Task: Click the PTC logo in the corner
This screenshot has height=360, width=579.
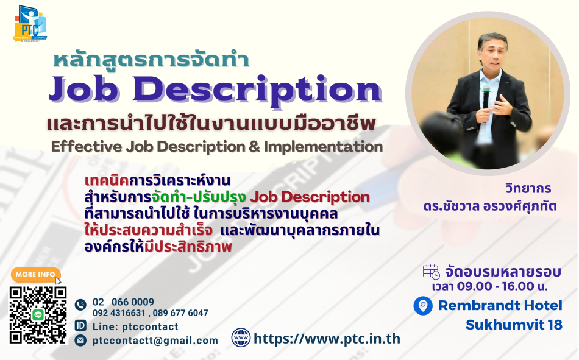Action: pyautogui.click(x=30, y=24)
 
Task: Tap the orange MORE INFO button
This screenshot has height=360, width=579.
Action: pyautogui.click(x=35, y=274)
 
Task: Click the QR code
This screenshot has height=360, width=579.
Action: pyautogui.click(x=38, y=315)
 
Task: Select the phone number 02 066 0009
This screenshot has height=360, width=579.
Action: pyautogui.click(x=123, y=302)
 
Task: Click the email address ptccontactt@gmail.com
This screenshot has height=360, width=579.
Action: pyautogui.click(x=155, y=341)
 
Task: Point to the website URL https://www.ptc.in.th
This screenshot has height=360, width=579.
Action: pyautogui.click(x=327, y=339)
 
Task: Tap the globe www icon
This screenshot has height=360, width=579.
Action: pyautogui.click(x=241, y=337)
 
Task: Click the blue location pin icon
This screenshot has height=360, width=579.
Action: pyautogui.click(x=423, y=306)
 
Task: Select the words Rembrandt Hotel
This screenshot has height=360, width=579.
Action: pyautogui.click(x=500, y=305)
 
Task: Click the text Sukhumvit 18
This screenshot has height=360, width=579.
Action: pyautogui.click(x=514, y=325)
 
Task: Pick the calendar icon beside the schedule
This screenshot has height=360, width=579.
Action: pyautogui.click(x=432, y=272)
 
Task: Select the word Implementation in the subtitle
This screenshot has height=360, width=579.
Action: pyautogui.click(x=323, y=147)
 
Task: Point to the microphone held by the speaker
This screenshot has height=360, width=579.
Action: pyautogui.click(x=486, y=97)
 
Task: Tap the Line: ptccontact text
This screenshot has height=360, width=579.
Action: pyautogui.click(x=135, y=326)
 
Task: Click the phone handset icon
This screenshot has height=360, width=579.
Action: pyautogui.click(x=80, y=305)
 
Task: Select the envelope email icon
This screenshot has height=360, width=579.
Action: pyautogui.click(x=80, y=340)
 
